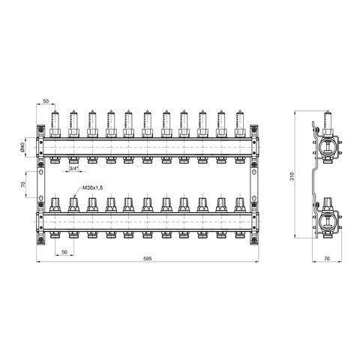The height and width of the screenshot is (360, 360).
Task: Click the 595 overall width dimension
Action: [148, 259]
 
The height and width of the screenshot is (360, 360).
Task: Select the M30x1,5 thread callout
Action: [92, 188]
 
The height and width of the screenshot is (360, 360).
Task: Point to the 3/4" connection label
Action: [73, 169]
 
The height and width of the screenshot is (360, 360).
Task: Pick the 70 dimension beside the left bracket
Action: [22, 184]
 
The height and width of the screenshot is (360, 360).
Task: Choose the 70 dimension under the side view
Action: [327, 259]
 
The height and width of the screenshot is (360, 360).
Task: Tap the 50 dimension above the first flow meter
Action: [46, 101]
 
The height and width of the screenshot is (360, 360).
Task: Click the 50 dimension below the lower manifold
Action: [64, 253]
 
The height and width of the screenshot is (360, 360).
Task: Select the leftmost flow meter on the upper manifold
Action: [55, 124]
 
